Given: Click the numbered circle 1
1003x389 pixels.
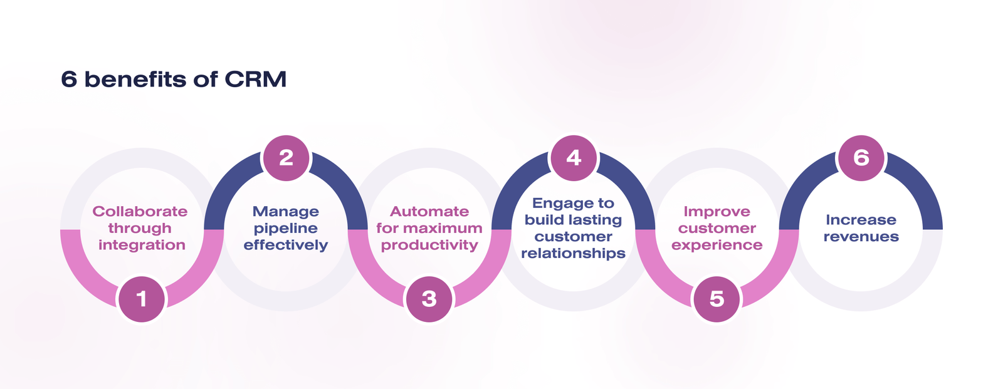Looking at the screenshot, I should (142, 299).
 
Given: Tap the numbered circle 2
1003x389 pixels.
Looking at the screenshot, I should (286, 158).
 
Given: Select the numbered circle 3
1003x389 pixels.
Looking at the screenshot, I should (429, 299).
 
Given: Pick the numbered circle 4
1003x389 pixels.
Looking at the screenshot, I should (574, 158).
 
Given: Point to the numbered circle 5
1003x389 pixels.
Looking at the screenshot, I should (717, 299).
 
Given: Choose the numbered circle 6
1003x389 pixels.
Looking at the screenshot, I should (861, 158).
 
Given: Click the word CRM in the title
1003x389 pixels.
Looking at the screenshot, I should (255, 80).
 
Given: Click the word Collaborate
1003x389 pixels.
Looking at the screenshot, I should (140, 212).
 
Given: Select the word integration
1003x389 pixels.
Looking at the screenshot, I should (142, 245).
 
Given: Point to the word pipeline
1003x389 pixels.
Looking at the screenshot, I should (286, 229).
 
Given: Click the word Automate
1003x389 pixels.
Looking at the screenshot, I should (429, 212).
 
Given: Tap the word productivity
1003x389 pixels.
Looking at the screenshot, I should (429, 246).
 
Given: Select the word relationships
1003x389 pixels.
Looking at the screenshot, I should (574, 254).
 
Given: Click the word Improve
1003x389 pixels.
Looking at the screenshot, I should (717, 212).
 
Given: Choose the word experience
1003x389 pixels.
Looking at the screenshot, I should (717, 246).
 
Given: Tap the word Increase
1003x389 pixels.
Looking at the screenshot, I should (861, 220).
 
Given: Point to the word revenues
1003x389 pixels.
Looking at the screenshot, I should (861, 237).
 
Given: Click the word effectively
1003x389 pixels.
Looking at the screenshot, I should (286, 245).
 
